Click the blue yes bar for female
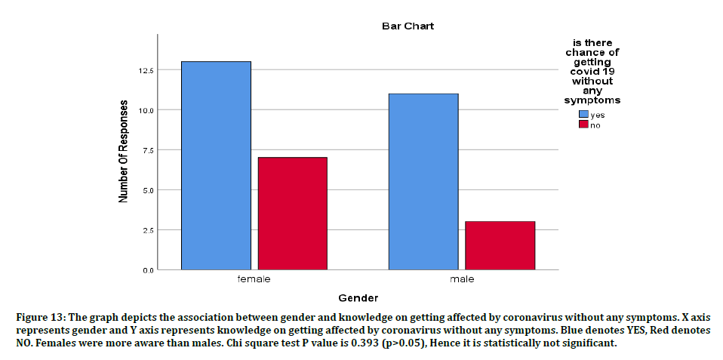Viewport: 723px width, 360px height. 216,165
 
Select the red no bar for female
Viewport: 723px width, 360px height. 292,213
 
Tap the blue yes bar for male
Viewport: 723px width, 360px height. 423,181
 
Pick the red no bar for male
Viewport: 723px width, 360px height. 500,245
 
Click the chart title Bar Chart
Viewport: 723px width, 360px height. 407,26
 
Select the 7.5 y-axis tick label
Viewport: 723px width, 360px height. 145,150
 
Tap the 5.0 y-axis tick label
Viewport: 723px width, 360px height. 145,190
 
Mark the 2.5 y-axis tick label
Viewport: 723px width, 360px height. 145,230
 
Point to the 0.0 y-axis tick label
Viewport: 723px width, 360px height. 145,269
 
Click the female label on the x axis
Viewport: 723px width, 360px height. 254,279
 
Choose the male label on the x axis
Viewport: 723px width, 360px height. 461,279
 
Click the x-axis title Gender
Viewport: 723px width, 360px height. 358,298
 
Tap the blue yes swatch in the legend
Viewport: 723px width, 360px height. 583,115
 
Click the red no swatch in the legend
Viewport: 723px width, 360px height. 583,125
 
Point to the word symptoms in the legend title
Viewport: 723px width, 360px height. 592,100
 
